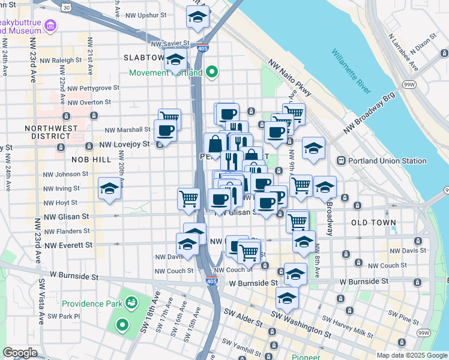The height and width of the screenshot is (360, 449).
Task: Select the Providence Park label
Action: [91, 304]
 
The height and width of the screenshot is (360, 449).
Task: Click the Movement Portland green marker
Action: [211, 73]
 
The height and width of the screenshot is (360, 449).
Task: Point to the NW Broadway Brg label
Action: [369, 114]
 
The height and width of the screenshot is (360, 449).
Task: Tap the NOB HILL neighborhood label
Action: [91, 160]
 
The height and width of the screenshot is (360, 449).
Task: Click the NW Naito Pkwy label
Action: [290, 78]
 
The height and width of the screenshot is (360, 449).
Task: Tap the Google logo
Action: [20, 353]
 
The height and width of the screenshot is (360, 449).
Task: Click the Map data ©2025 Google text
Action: [411, 355]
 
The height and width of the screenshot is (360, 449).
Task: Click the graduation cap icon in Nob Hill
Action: [109, 189]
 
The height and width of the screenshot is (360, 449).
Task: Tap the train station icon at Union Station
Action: [341, 161]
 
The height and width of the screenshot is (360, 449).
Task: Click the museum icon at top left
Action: [50, 25]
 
